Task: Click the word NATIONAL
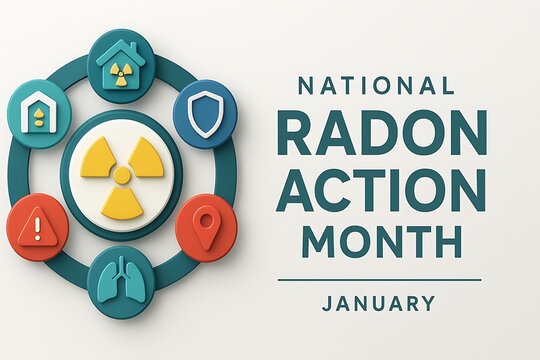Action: click(376, 86)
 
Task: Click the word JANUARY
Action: click(378, 303)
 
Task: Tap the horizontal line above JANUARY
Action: click(379, 280)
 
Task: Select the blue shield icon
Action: click(204, 114)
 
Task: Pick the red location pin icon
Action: click(205, 226)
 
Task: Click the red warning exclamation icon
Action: click(37, 227)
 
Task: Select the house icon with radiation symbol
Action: click(121, 64)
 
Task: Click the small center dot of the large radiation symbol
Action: click(121, 176)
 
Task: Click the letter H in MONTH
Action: click(447, 240)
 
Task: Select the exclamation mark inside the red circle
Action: click(37, 228)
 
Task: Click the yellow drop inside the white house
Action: click(38, 116)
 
